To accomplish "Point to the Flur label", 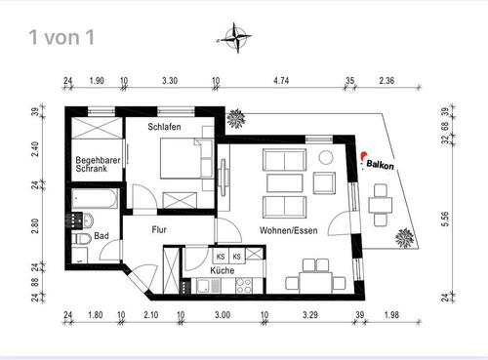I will (x=160, y=230).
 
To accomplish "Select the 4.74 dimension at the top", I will (x=282, y=83).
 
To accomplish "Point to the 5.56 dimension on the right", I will (x=445, y=220).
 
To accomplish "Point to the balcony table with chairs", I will (x=382, y=203).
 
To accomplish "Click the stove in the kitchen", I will (x=240, y=286).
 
